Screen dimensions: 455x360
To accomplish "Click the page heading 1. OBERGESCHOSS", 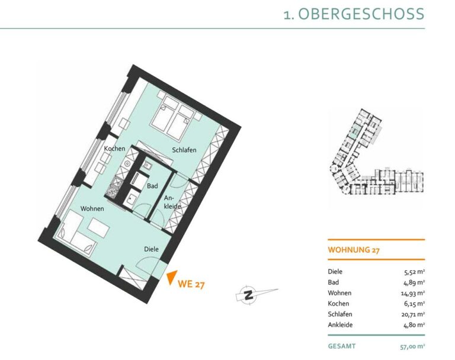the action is tap(354, 14).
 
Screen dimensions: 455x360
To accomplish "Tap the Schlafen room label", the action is tap(184, 150).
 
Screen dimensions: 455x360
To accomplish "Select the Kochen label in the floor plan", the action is tap(114, 149).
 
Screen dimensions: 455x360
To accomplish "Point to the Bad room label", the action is tap(152, 186).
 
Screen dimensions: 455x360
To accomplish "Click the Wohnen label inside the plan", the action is tap(92, 208).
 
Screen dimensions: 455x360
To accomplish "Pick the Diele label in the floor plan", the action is tap(152, 249).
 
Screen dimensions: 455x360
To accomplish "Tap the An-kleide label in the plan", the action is tap(172, 202).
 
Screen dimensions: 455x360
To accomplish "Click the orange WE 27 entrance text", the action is tap(191, 284).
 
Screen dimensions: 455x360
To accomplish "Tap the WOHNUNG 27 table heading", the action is tap(354, 250).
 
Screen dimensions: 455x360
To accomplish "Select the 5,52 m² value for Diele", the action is tap(415, 272).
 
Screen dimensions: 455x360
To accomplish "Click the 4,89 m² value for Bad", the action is tap(415, 282).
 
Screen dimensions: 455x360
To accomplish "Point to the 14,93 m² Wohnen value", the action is tap(413, 293).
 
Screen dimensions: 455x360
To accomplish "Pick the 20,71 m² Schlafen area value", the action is tap(413, 314).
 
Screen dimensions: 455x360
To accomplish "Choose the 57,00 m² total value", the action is tap(412, 346).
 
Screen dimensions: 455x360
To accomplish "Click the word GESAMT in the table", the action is tap(341, 346).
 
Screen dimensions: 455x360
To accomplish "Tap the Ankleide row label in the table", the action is tap(340, 325).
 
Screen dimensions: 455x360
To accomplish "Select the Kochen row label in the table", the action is tap(338, 304).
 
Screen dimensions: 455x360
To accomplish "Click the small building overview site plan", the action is tap(377, 152).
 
